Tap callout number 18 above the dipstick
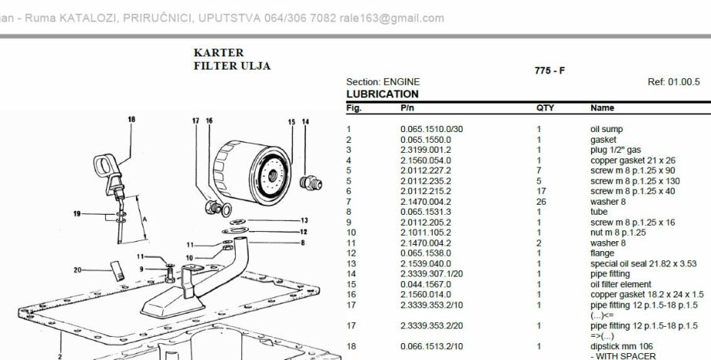tap(131, 120)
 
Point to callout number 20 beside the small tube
tap(77, 270)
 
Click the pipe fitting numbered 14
tap(311, 183)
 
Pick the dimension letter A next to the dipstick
tap(145, 219)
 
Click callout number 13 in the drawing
tap(304, 220)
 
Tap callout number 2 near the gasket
tap(60, 356)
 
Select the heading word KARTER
tap(219, 53)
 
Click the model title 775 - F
tap(549, 71)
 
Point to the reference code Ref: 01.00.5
tap(674, 82)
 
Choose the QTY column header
tap(545, 108)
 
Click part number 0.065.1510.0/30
tap(432, 129)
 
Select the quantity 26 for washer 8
tap(541, 202)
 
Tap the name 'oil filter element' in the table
tap(621, 284)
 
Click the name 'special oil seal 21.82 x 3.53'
tap(644, 263)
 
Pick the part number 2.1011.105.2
tap(426, 233)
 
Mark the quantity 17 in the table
tap(541, 192)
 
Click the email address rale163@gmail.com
tap(392, 18)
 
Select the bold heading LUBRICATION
tap(383, 94)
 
